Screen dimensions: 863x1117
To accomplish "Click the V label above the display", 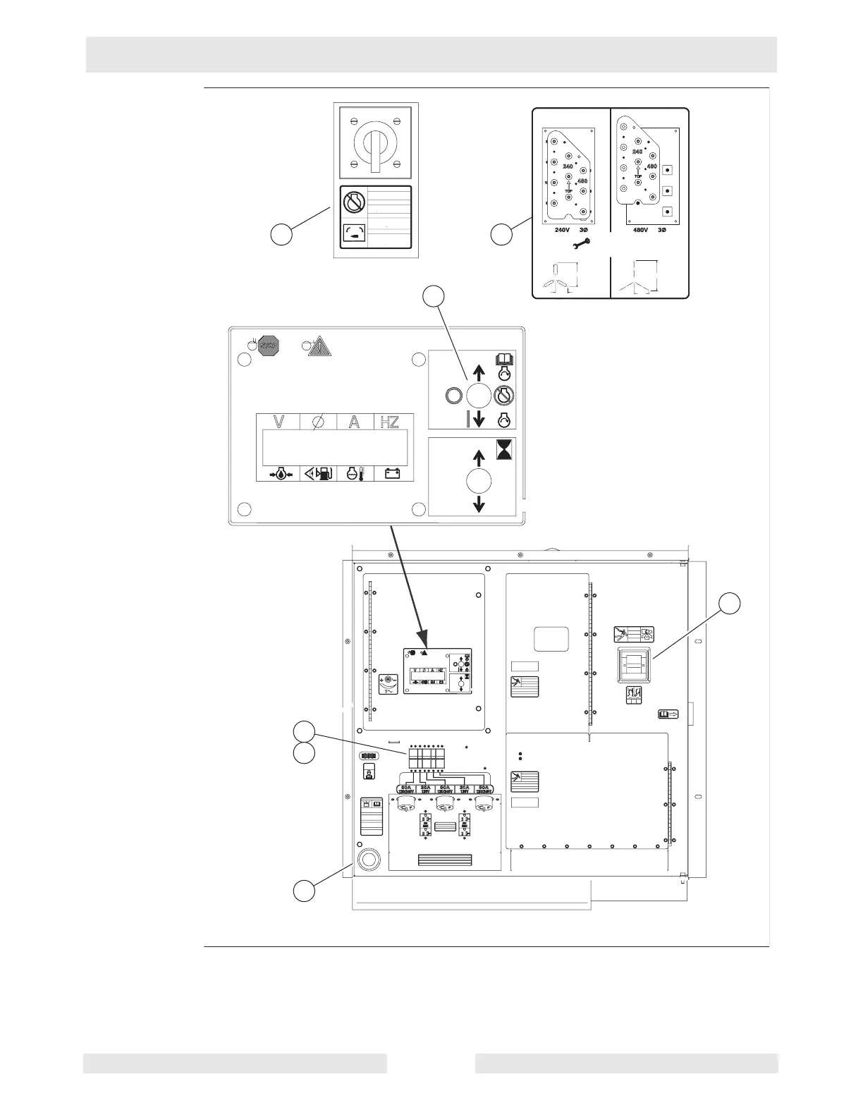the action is tap(279, 422).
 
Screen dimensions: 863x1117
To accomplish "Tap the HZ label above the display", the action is tap(389, 422).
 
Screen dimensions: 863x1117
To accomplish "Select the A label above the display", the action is tap(355, 422).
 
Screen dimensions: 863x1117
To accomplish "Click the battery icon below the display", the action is tap(392, 473).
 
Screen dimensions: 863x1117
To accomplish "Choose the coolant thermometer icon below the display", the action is tap(355, 473).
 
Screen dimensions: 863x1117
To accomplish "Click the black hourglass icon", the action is tap(505, 449).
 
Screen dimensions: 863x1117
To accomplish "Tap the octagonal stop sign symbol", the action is tap(267, 346).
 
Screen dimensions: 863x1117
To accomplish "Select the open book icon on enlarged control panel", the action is tap(506, 359).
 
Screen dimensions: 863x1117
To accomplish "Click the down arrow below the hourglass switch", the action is tap(479, 503).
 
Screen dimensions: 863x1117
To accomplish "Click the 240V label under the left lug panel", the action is tap(562, 231).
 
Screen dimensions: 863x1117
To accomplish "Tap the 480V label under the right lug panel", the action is tap(637, 231).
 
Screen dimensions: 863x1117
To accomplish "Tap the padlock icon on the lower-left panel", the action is tap(368, 773).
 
